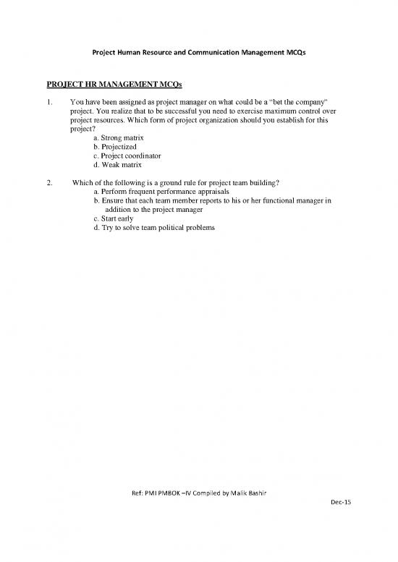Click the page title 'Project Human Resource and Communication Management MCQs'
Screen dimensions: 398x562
198,54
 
